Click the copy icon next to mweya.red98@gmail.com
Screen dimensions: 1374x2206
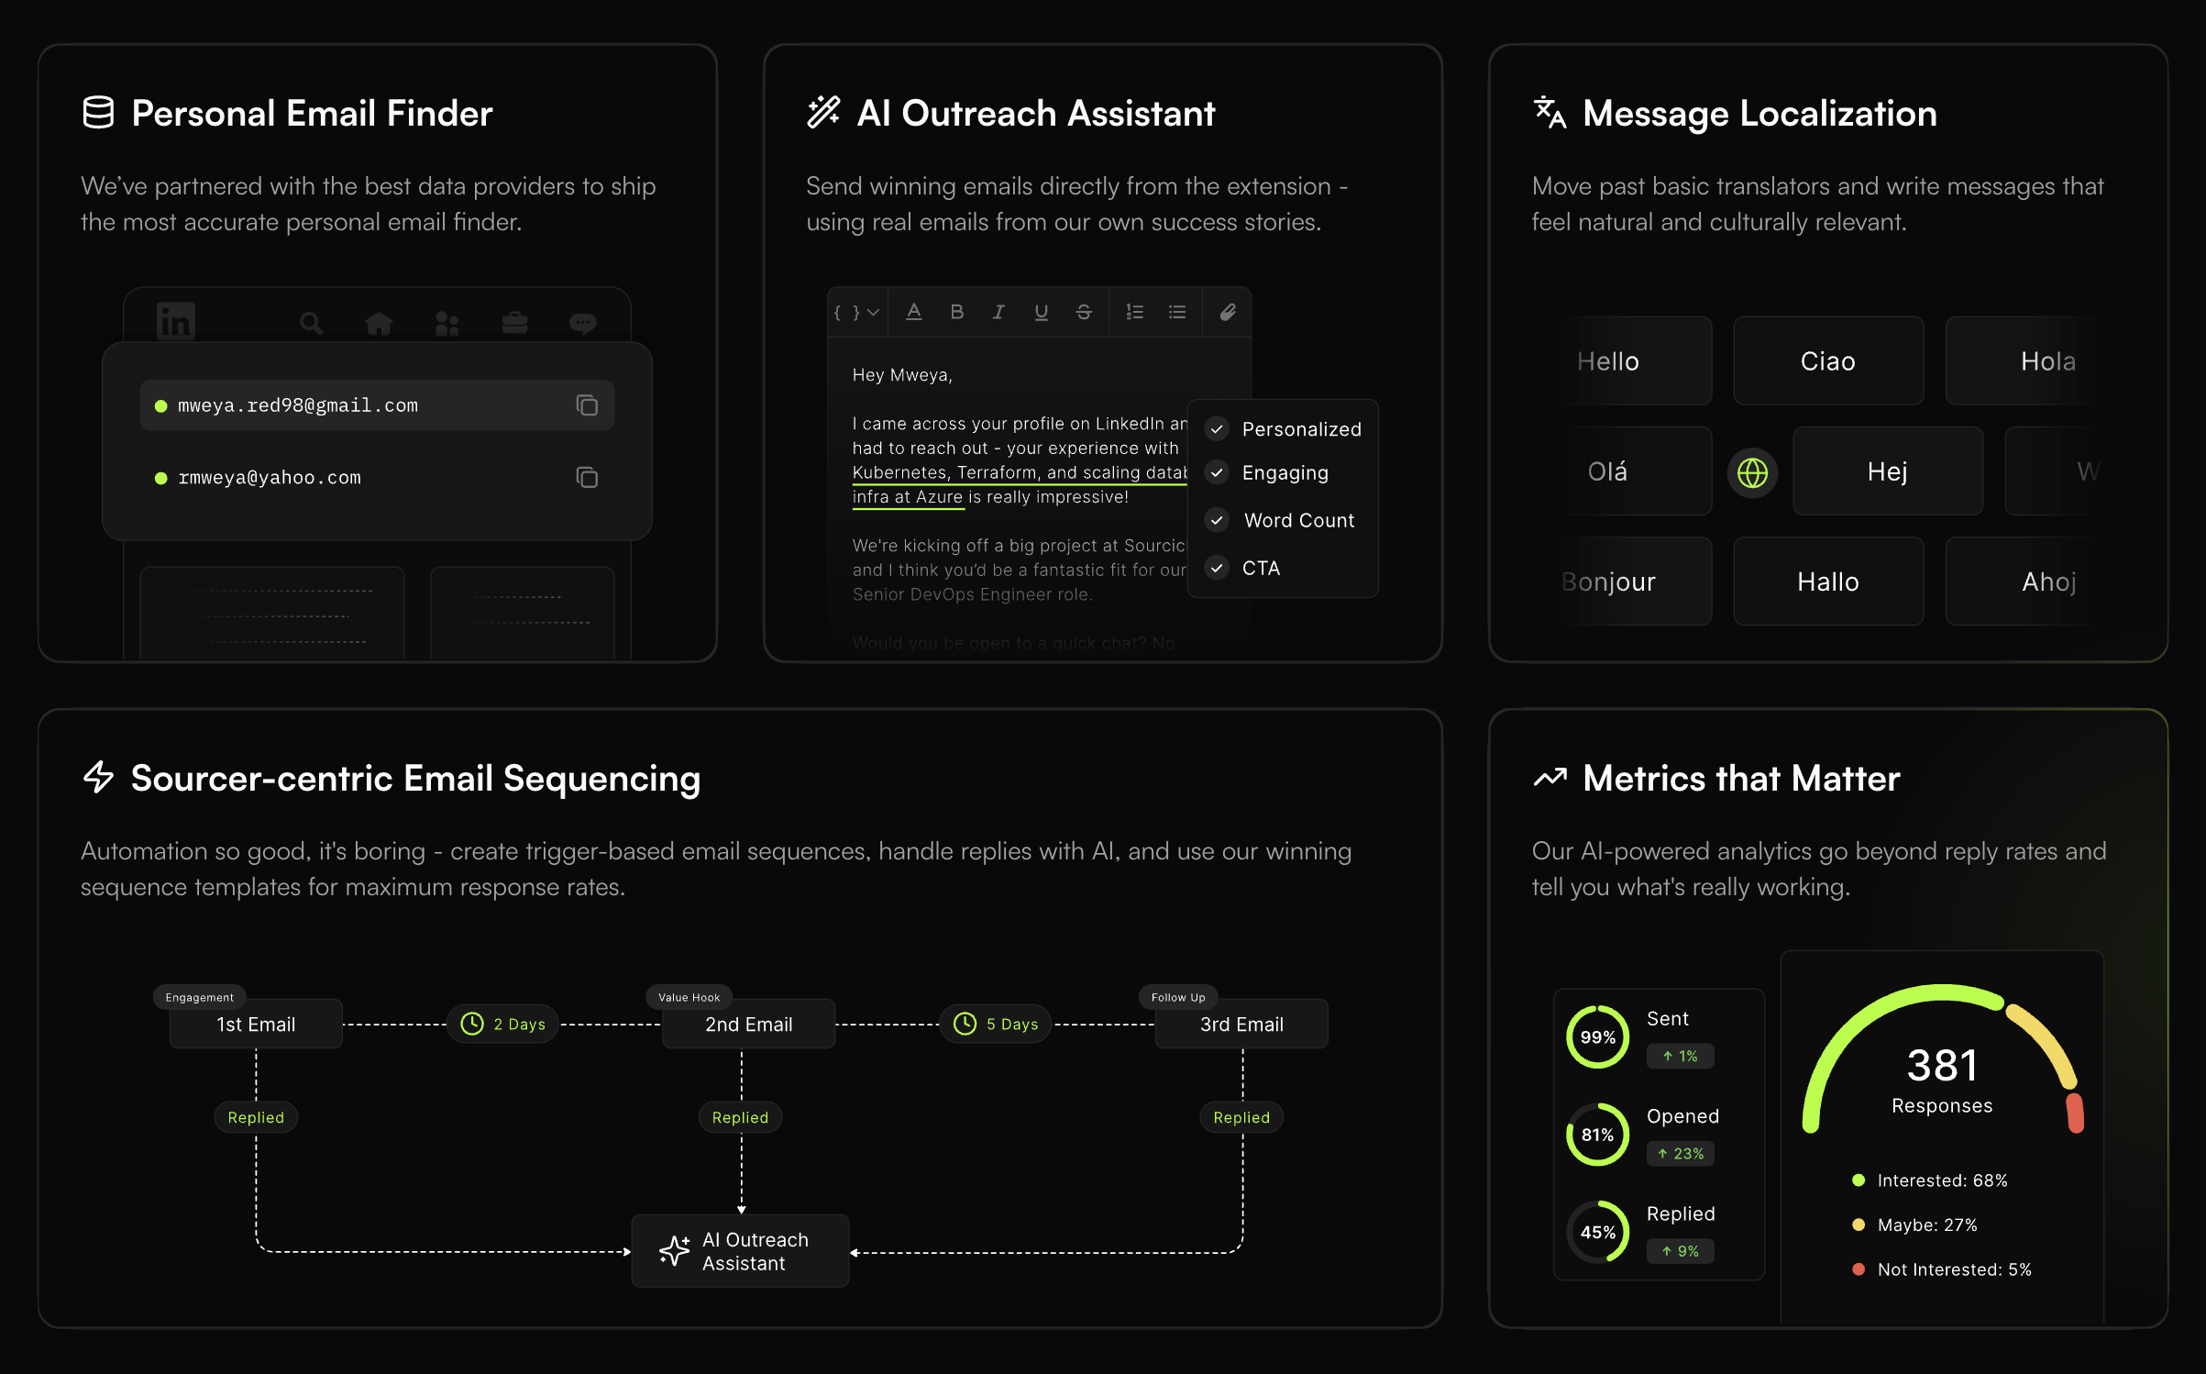click(587, 405)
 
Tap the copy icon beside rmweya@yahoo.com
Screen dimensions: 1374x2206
click(587, 477)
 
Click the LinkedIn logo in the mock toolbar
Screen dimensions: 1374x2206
click(176, 322)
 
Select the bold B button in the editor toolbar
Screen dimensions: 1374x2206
click(956, 312)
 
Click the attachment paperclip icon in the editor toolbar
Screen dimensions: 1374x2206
click(1228, 313)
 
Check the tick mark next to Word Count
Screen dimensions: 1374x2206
click(1217, 520)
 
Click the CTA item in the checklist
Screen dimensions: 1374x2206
click(1261, 568)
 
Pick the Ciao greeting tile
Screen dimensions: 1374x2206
click(1827, 360)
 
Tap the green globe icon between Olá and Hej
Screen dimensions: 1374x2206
click(1752, 472)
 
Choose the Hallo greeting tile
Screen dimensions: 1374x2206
click(1827, 582)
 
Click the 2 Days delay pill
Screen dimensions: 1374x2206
click(502, 1024)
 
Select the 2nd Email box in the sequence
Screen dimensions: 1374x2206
click(748, 1025)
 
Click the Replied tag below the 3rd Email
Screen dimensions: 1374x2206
click(1241, 1117)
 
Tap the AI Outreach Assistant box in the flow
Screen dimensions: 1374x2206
click(740, 1251)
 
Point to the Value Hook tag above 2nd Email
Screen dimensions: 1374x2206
click(689, 997)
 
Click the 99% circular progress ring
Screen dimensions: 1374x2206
click(1597, 1037)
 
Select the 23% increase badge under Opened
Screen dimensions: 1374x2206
click(1681, 1153)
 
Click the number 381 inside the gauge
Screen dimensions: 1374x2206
click(1942, 1065)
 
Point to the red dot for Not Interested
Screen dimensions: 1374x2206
click(1859, 1269)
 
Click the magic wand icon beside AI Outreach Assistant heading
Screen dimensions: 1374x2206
click(823, 113)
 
